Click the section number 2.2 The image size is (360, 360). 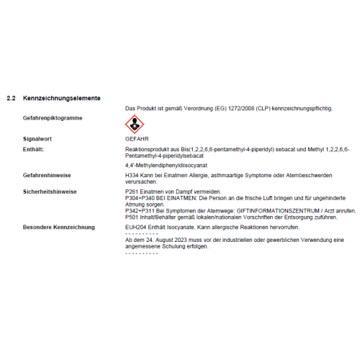coord(10,97)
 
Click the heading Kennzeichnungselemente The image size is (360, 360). coord(62,97)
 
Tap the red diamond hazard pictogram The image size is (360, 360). coord(134,123)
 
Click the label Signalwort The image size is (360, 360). coord(37,138)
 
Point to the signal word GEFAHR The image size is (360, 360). coord(137,138)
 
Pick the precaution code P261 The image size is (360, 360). coord(132,192)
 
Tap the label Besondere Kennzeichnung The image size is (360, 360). coord(59,228)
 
